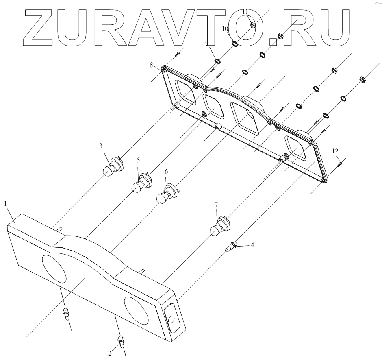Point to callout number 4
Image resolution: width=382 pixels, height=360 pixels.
pos(252,245)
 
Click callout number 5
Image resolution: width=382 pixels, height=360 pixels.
pos(138,159)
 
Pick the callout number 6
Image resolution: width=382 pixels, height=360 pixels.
pos(166,172)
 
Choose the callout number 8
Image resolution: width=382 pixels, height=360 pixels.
pos(151,65)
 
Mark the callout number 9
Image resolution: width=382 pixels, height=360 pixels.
pos(207,43)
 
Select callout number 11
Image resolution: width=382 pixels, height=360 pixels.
pos(245,11)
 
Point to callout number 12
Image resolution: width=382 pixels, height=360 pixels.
pos(335,151)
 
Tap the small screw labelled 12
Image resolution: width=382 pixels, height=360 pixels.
pos(340,164)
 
